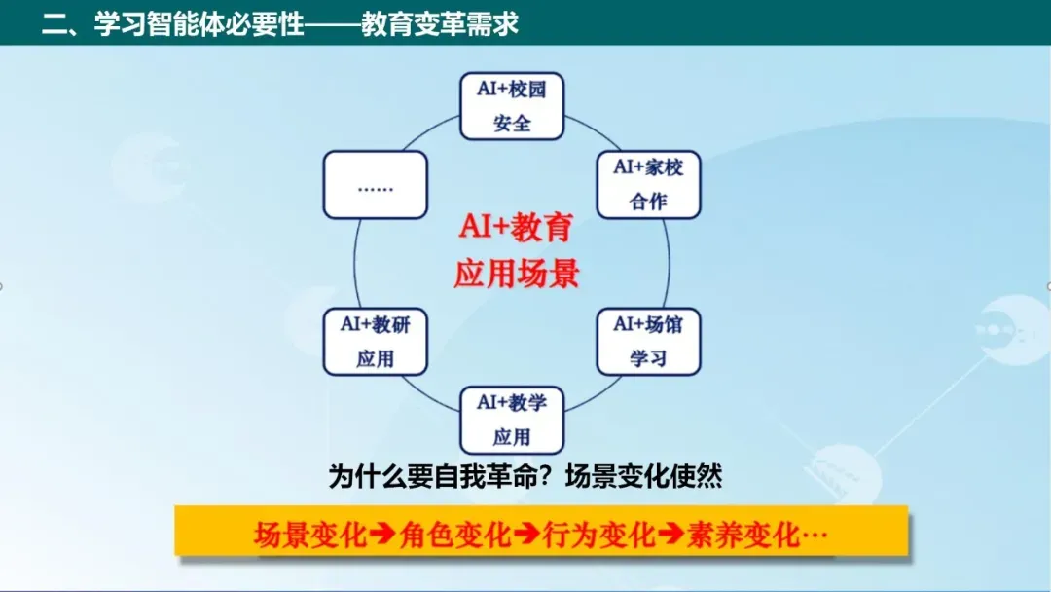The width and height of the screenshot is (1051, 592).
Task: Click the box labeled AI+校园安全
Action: click(512, 106)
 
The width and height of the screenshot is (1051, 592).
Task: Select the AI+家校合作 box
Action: click(648, 185)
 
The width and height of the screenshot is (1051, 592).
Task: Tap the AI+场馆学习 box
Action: click(648, 342)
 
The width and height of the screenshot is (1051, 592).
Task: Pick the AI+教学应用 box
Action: click(512, 421)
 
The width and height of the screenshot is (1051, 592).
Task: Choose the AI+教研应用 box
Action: click(375, 342)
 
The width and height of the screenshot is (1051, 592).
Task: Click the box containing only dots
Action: click(375, 185)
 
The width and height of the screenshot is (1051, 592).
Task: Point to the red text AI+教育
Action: click(516, 227)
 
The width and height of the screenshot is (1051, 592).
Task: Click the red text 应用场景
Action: click(516, 274)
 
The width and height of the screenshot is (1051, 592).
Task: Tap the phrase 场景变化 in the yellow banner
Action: click(310, 535)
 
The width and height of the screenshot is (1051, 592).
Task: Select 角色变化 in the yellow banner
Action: click(455, 535)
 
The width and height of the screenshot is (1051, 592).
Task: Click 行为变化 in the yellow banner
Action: click(599, 535)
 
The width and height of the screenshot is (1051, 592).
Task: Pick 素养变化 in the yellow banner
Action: click(743, 535)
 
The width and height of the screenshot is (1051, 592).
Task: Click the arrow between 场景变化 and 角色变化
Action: click(382, 535)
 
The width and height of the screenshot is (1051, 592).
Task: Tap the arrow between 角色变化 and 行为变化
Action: click(527, 535)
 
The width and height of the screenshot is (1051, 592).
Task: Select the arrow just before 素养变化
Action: click(670, 535)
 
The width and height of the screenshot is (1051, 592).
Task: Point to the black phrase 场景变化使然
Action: click(644, 477)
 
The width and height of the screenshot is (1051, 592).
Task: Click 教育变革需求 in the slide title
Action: click(440, 24)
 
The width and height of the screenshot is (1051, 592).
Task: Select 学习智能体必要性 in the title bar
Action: click(199, 24)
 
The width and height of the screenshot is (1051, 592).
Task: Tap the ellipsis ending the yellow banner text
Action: click(815, 535)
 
